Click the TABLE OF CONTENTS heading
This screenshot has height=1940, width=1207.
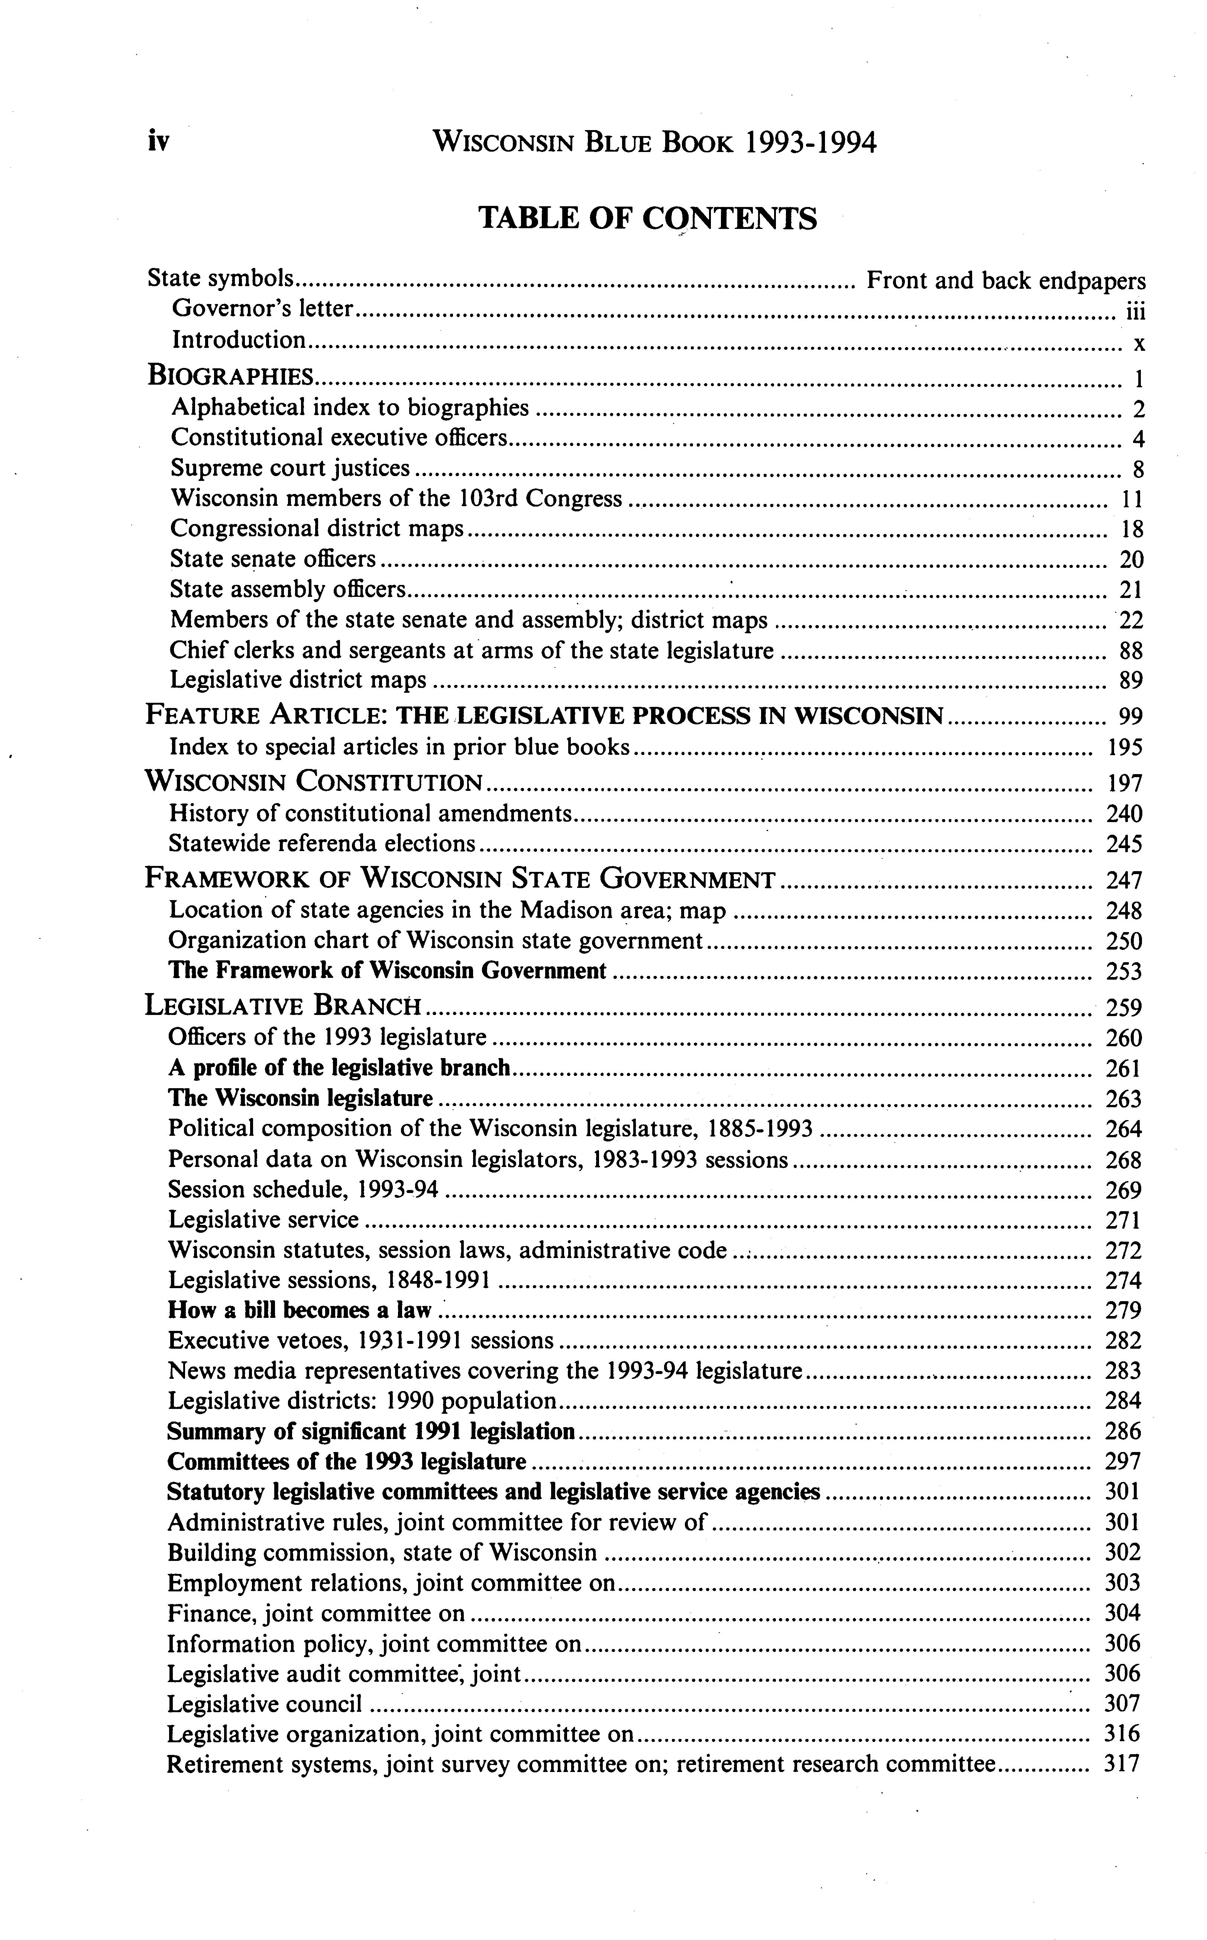click(647, 218)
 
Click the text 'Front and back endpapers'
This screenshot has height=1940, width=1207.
click(1006, 280)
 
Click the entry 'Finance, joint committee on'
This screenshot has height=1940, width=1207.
click(316, 1613)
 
